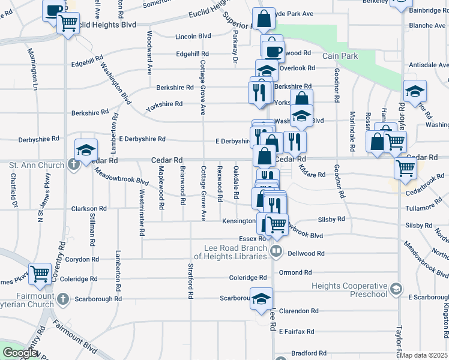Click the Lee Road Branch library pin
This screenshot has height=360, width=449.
(276, 250)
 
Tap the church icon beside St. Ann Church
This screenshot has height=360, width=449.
(74, 164)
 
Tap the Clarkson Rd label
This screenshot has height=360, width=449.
(89, 208)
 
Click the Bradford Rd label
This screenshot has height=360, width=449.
(309, 353)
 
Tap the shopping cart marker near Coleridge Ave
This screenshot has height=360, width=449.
(40, 274)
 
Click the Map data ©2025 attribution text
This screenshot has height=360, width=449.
(424, 355)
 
